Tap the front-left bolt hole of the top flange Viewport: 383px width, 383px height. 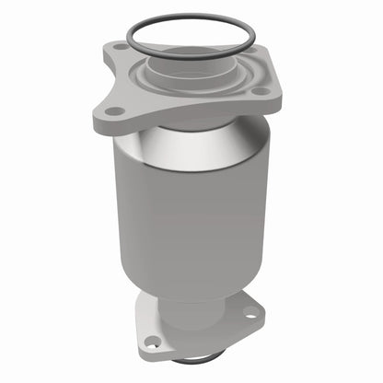[x=114, y=110]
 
